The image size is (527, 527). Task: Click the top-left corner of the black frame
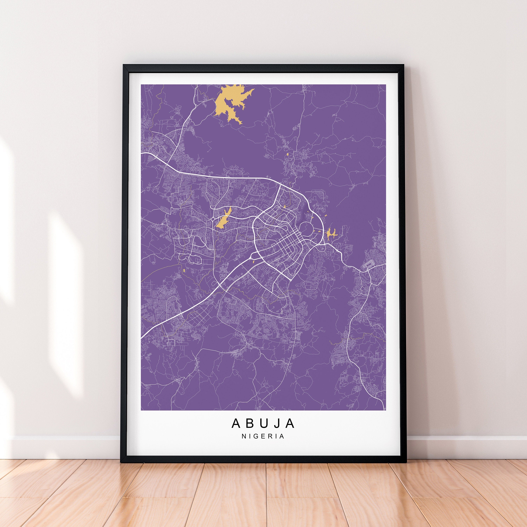pos(123,65)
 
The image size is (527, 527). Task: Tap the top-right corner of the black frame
pos(404,65)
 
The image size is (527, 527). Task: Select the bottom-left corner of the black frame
pos(121,462)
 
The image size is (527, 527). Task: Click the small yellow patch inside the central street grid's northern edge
pos(284,206)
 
